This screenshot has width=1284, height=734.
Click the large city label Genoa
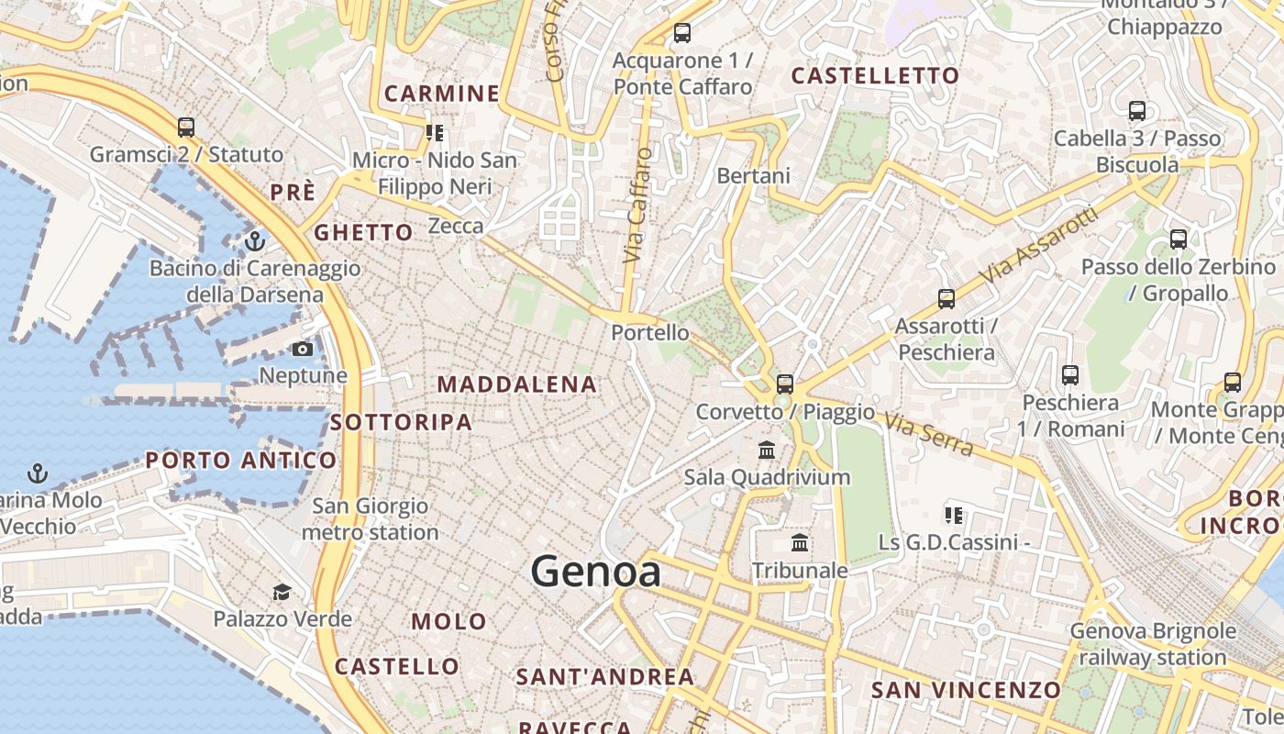click(595, 572)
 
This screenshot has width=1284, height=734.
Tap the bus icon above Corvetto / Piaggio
click(784, 384)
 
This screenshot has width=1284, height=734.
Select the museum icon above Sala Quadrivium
click(767, 450)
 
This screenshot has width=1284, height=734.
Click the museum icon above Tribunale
click(800, 543)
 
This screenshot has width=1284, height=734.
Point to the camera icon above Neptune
click(302, 349)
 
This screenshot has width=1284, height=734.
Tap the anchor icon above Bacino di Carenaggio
click(255, 241)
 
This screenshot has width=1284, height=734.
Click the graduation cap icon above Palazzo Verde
click(282, 593)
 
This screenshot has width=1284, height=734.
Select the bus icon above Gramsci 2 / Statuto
click(186, 128)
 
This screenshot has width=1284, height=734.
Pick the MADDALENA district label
click(517, 384)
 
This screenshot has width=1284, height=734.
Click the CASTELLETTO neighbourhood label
click(875, 76)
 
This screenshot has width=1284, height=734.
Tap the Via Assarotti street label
click(1038, 245)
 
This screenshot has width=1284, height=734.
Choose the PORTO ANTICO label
click(241, 460)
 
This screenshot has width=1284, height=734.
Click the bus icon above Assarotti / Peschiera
click(946, 298)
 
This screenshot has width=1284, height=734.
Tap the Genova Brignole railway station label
click(1153, 644)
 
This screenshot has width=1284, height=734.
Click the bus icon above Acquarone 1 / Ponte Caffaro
click(681, 33)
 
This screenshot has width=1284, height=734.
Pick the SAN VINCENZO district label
click(966, 689)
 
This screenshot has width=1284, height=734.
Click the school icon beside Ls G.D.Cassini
click(954, 516)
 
